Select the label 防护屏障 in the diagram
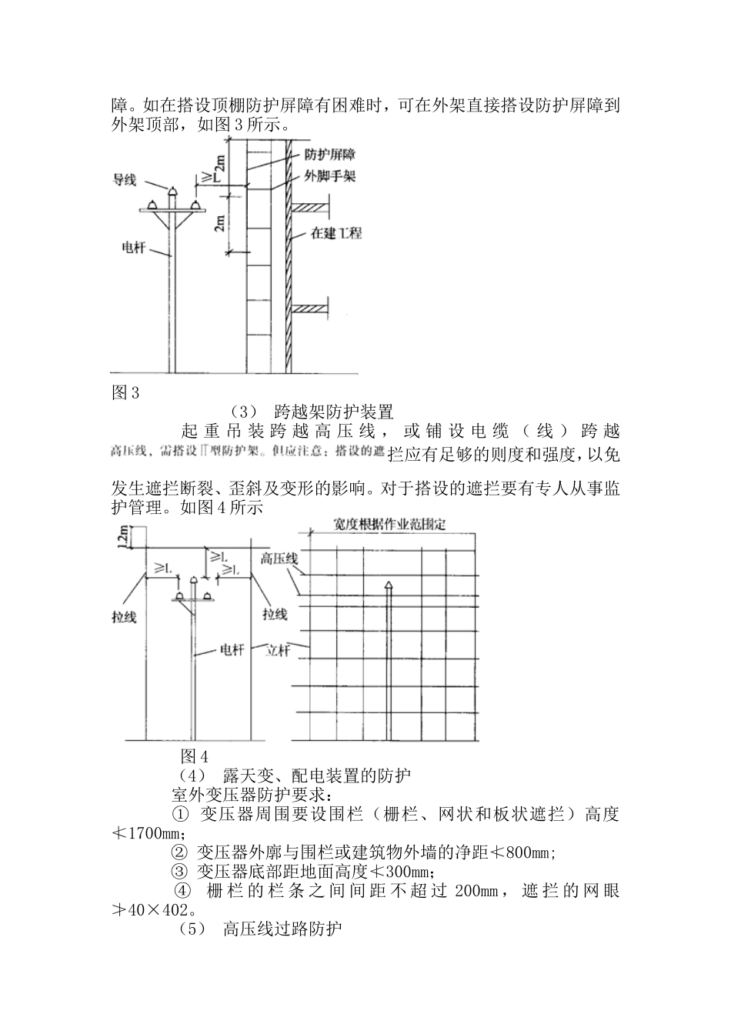tap(330, 155)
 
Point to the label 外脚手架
tap(330, 176)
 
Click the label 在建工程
tap(336, 232)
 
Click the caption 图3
tap(125, 393)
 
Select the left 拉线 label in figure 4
tap(124, 616)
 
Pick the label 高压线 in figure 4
tap(279, 559)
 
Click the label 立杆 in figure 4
tap(278, 650)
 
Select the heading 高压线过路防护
tap(282, 930)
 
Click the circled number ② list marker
tap(179, 852)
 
